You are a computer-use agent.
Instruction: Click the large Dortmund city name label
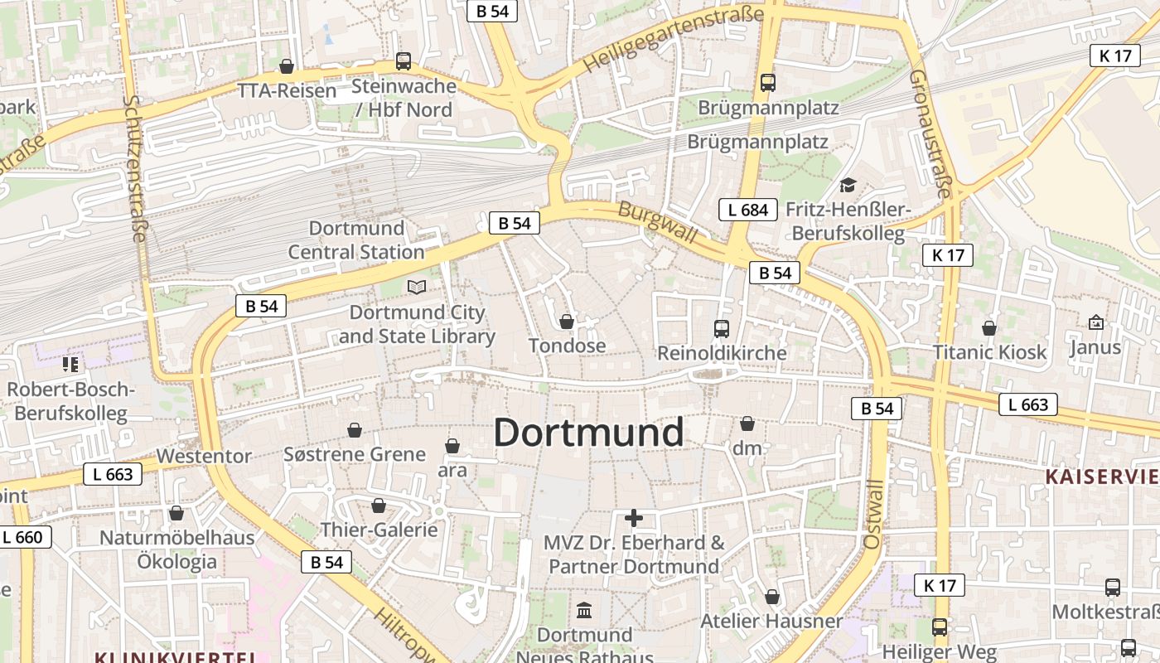pyautogui.click(x=589, y=433)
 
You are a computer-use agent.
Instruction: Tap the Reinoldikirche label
pyautogui.click(x=722, y=353)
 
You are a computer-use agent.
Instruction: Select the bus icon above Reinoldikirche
pyautogui.click(x=722, y=329)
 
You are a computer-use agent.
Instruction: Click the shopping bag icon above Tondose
pyautogui.click(x=567, y=322)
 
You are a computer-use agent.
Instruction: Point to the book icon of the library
pyautogui.click(x=417, y=288)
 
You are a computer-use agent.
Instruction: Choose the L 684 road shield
pyautogui.click(x=748, y=210)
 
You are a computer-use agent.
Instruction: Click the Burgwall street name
pyautogui.click(x=658, y=222)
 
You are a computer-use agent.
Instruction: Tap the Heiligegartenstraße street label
pyautogui.click(x=672, y=39)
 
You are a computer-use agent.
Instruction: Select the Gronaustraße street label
pyautogui.click(x=930, y=133)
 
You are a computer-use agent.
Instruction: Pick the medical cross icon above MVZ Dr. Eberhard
pyautogui.click(x=634, y=519)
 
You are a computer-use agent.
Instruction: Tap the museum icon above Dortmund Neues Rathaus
pyautogui.click(x=584, y=611)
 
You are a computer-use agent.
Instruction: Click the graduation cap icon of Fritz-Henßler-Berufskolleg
pyautogui.click(x=848, y=185)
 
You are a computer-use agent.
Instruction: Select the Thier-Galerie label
pyautogui.click(x=379, y=530)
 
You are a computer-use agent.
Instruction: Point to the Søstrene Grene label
pyautogui.click(x=355, y=454)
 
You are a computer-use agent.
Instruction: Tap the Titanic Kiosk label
pyautogui.click(x=990, y=352)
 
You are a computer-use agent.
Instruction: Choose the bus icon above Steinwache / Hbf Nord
pyautogui.click(x=404, y=61)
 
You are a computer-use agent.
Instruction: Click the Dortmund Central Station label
pyautogui.click(x=356, y=240)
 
